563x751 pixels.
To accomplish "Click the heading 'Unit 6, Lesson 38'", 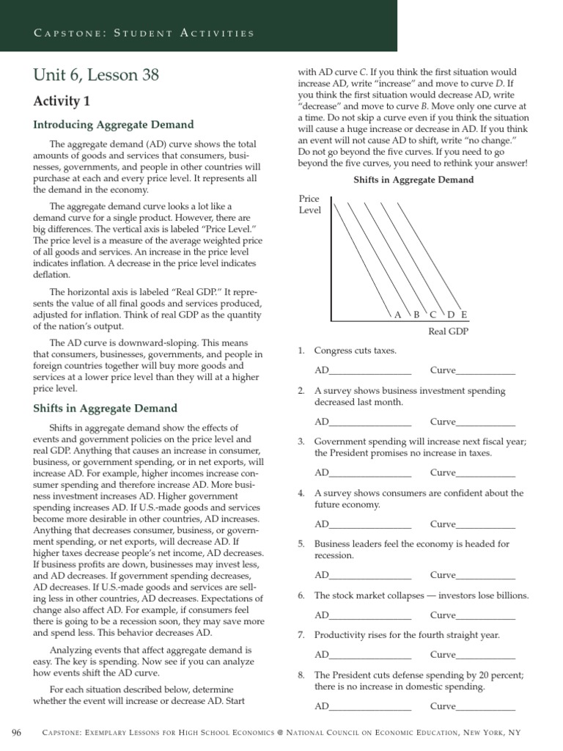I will [x=96, y=75].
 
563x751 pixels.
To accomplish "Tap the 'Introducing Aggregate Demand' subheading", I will [x=113, y=125].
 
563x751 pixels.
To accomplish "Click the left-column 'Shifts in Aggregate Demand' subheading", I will [x=105, y=408].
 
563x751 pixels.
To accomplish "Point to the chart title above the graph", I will [x=413, y=180].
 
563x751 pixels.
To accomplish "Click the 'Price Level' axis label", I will [x=309, y=205].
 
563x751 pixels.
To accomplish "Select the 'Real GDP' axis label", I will [x=448, y=331].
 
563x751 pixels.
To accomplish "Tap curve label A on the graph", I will [x=398, y=315].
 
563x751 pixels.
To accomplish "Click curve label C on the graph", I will [x=433, y=315].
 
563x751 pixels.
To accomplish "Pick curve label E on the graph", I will [x=464, y=315].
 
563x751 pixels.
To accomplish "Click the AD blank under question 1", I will [x=370, y=371].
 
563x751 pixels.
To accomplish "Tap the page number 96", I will [x=17, y=733].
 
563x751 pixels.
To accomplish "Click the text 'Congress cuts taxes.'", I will [x=355, y=351].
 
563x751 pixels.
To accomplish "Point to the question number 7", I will [x=301, y=635].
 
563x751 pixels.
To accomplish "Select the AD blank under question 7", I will [x=370, y=655].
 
